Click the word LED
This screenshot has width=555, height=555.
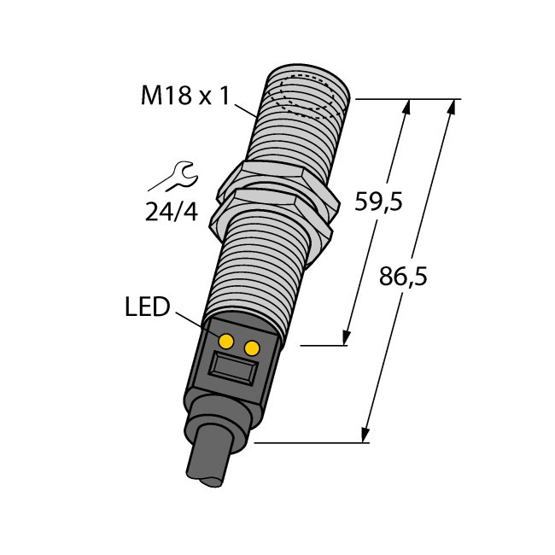(148, 307)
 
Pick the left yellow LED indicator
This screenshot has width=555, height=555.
(226, 342)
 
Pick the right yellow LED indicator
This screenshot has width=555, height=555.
(252, 348)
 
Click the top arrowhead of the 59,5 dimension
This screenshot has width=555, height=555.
(407, 106)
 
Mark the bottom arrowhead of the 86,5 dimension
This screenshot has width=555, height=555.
(368, 436)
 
